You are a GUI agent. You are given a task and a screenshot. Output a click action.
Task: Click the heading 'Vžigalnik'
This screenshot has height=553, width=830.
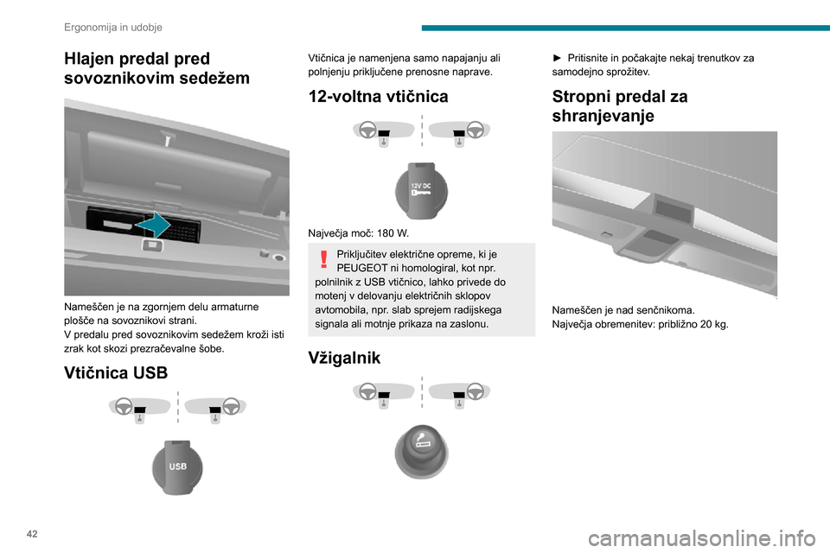pos(344,358)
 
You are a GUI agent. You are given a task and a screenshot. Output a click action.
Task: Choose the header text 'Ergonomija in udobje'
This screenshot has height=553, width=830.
pos(113,27)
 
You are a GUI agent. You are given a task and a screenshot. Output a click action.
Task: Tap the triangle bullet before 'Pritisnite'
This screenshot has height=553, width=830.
pos(557,58)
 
